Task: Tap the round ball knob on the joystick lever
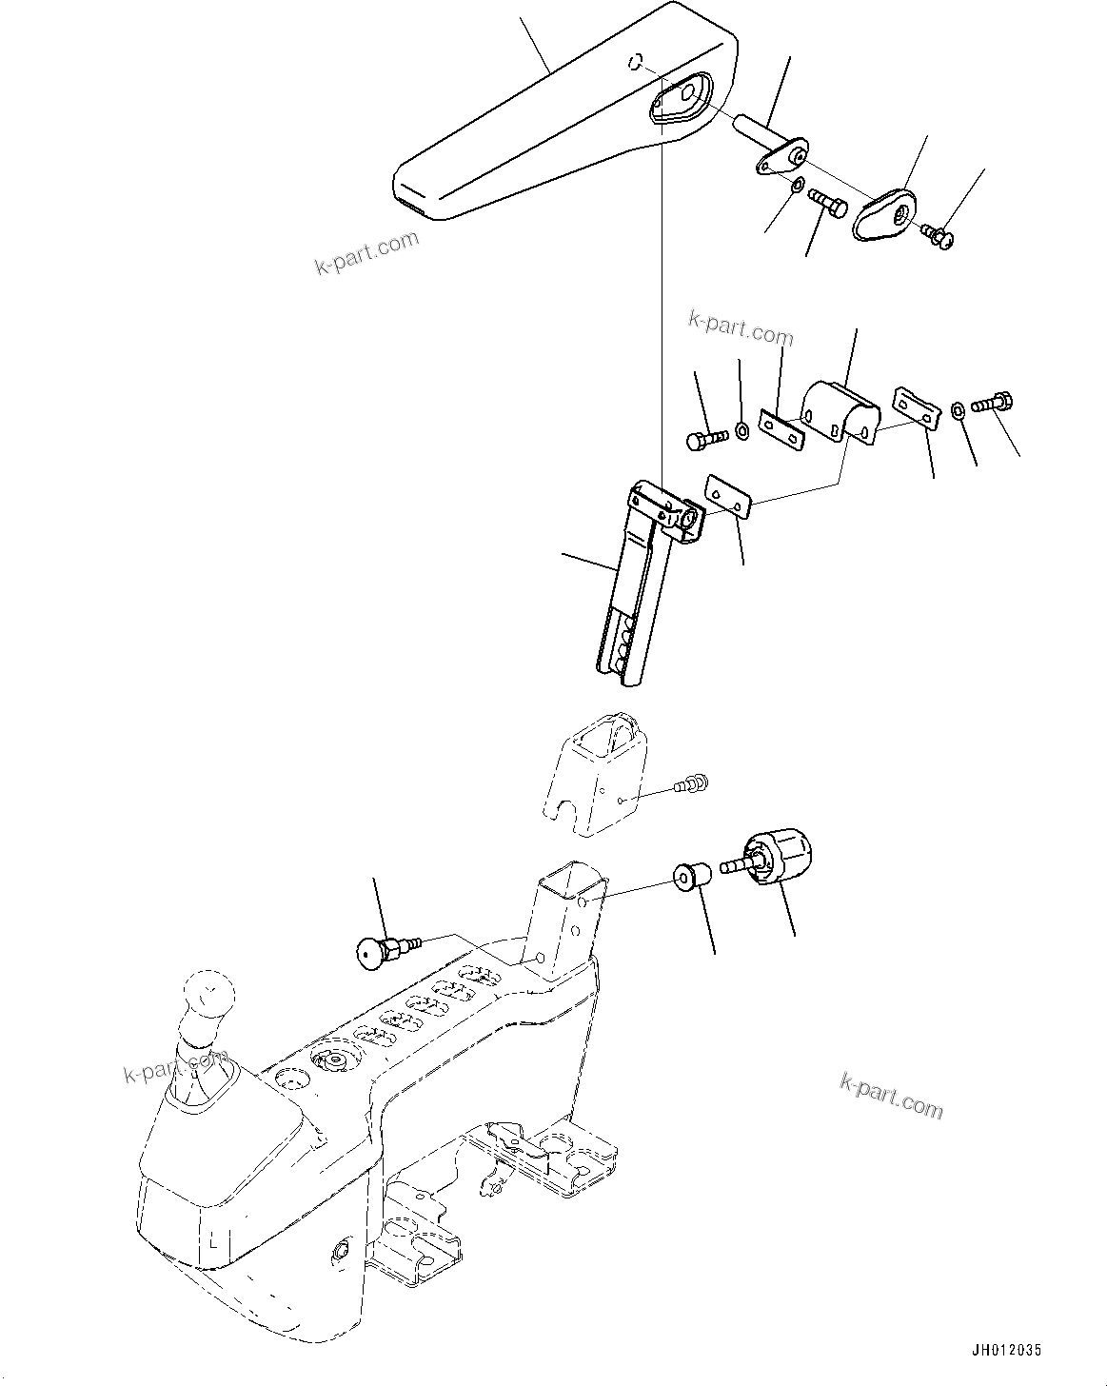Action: pyautogui.click(x=208, y=994)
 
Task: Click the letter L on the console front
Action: pyautogui.click(x=214, y=1241)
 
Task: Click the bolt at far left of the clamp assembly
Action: pyautogui.click(x=705, y=439)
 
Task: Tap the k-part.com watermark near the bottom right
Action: pyautogui.click(x=891, y=1095)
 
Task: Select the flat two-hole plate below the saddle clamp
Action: pyautogui.click(x=730, y=498)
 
